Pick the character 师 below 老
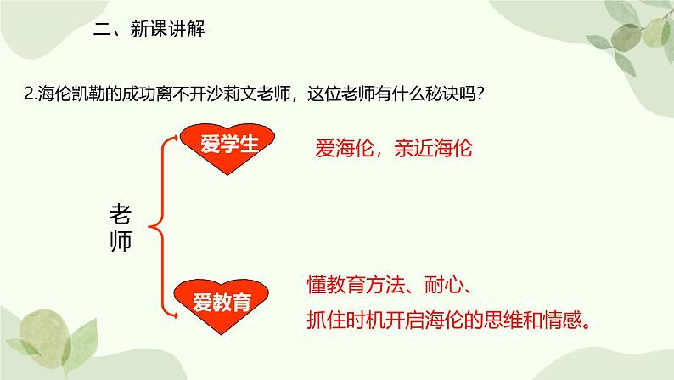pos(121,241)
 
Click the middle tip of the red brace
pos(150,226)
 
